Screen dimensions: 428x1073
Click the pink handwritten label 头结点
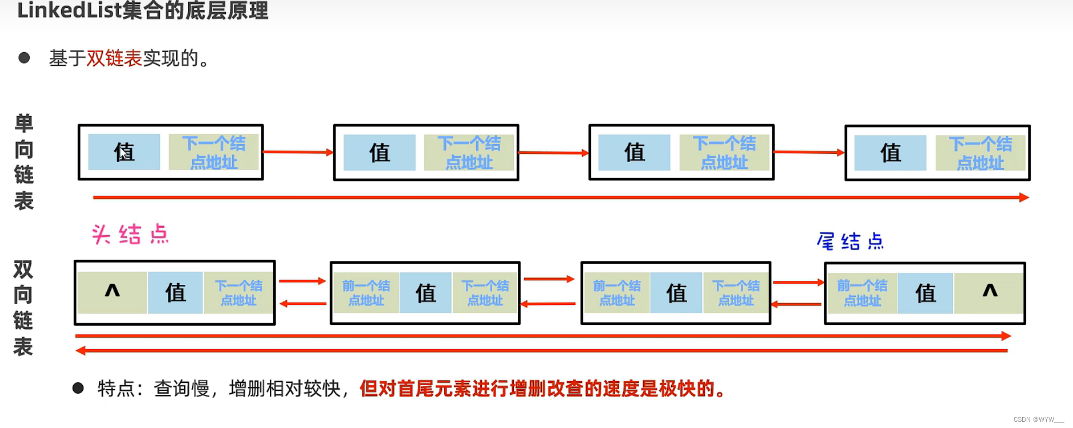coord(130,235)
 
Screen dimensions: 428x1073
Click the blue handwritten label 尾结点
coord(850,241)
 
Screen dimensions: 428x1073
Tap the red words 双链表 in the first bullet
coord(114,58)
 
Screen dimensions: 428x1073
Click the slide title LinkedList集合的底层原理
coord(143,10)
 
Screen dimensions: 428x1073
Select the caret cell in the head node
coord(112,292)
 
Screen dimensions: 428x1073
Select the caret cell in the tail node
coord(989,292)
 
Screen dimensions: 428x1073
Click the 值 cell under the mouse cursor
coord(124,152)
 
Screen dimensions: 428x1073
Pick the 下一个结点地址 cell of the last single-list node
coord(980,153)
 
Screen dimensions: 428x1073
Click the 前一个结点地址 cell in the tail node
coord(861,293)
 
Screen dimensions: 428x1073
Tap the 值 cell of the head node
coord(175,293)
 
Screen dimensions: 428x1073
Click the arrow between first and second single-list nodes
coord(298,152)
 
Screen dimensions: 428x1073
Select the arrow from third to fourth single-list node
coord(809,152)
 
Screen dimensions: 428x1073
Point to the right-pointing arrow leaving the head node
coord(302,281)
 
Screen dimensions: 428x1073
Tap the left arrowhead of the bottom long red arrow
coord(81,350)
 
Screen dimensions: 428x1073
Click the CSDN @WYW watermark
coord(1038,419)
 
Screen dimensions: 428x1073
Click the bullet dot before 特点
coord(78,389)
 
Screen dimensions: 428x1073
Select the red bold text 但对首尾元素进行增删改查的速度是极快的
coord(542,389)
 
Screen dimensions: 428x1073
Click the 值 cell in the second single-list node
coord(380,153)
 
